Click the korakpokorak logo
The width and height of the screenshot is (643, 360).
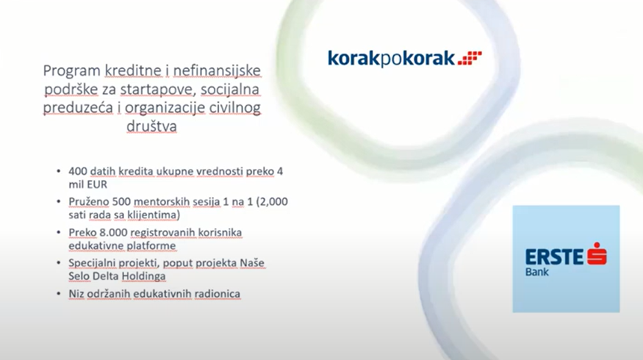[404, 59]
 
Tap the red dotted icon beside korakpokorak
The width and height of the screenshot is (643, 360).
[470, 58]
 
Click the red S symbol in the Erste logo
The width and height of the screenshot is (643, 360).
[597, 253]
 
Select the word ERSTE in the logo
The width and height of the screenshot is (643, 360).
[554, 257]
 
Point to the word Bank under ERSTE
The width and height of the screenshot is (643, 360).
[537, 272]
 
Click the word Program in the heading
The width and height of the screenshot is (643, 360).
[72, 71]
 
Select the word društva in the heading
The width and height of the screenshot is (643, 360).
[152, 126]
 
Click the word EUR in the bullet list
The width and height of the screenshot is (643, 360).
[97, 184]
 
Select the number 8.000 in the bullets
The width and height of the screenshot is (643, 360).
[113, 232]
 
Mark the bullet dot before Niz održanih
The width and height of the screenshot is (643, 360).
[59, 293]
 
